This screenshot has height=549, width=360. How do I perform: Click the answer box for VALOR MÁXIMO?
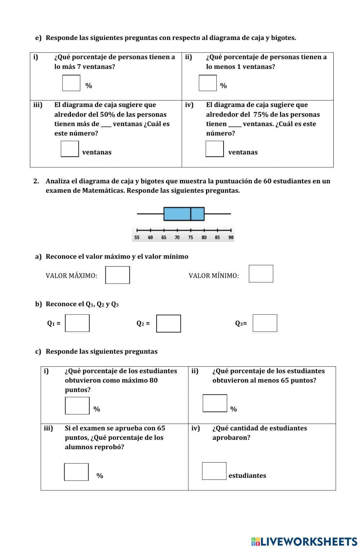click(x=117, y=275)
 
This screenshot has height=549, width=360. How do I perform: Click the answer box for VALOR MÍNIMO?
click(x=261, y=274)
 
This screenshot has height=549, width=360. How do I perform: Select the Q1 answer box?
click(x=77, y=323)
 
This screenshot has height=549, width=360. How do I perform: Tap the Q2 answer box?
click(x=168, y=323)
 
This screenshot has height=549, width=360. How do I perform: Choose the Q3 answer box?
click(x=265, y=323)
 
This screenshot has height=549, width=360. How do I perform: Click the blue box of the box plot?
click(x=177, y=214)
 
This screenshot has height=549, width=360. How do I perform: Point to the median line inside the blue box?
click(x=190, y=214)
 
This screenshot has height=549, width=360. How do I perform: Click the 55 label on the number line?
click(x=137, y=237)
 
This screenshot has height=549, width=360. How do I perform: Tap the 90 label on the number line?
click(x=231, y=237)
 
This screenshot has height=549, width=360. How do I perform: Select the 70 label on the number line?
click(x=177, y=237)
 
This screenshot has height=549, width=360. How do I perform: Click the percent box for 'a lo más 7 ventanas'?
click(x=71, y=83)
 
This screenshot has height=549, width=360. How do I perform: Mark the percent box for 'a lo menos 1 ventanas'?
click(x=208, y=83)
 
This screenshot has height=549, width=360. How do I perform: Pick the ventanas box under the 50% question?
click(x=70, y=149)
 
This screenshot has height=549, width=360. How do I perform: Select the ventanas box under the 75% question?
click(x=215, y=149)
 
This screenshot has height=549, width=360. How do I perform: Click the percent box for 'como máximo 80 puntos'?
click(x=77, y=406)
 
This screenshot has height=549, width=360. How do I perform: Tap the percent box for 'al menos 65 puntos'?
click(x=215, y=403)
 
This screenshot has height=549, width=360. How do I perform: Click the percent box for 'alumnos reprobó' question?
click(x=76, y=472)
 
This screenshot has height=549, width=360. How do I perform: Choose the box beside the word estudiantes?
click(x=214, y=471)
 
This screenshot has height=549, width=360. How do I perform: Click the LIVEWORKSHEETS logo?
click(x=304, y=541)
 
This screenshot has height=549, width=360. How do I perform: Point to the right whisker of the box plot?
click(x=217, y=214)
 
